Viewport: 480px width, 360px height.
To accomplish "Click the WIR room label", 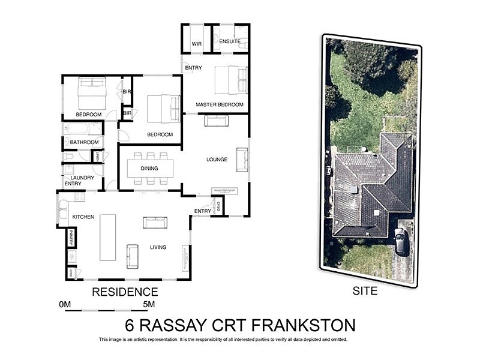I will [196, 44].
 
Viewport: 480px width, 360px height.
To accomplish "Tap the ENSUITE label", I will [230, 41].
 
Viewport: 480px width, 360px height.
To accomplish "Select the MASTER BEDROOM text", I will [220, 105].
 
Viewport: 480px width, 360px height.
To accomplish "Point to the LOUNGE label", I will [217, 160].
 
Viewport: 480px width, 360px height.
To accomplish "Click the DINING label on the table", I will [149, 169].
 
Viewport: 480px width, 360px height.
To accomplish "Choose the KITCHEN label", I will [83, 217].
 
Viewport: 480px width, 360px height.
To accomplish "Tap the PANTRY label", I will [71, 237].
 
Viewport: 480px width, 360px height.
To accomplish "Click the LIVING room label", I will [158, 247].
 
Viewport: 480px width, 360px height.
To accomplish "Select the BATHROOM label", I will [84, 142].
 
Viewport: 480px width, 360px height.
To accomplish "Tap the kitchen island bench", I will [108, 237].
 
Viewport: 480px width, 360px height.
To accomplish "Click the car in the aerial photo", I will [401, 241].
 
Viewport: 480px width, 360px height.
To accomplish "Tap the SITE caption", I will [365, 292].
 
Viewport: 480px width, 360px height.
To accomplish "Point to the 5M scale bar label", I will [148, 305].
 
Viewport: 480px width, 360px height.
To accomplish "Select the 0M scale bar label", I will [65, 305].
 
